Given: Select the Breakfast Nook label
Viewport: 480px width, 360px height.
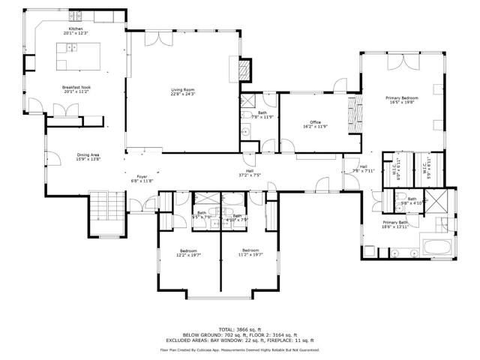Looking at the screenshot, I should pyautogui.click(x=76, y=87).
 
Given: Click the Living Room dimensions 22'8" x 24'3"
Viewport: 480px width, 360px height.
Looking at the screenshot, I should pyautogui.click(x=183, y=94).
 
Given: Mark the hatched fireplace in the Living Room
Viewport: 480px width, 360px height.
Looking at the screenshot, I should pyautogui.click(x=244, y=70).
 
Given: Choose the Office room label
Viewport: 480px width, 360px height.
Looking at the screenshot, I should pyautogui.click(x=316, y=122).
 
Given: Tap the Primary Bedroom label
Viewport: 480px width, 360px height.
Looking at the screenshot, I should pyautogui.click(x=402, y=98).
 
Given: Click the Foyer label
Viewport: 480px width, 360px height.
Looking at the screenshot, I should pyautogui.click(x=142, y=177).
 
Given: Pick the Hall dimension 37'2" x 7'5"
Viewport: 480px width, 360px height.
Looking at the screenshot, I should pyautogui.click(x=250, y=175).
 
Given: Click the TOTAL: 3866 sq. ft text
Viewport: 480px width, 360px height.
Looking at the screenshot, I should pyautogui.click(x=240, y=328).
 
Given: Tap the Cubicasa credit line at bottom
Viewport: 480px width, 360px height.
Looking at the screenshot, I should pyautogui.click(x=240, y=349).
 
